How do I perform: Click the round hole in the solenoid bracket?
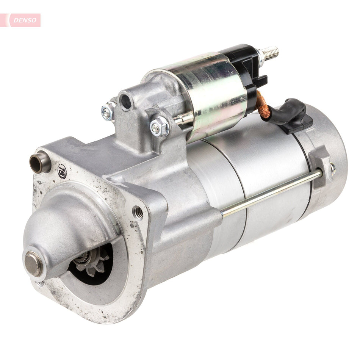coord(125,102)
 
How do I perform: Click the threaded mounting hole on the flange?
coord(138,212)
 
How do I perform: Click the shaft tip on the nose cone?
coord(33,263)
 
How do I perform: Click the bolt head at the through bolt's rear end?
coord(332,169)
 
